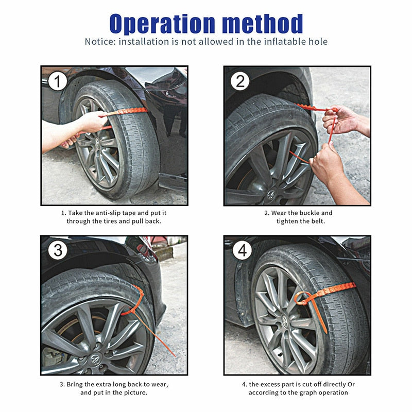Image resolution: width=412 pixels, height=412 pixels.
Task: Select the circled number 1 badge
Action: tap(59, 82)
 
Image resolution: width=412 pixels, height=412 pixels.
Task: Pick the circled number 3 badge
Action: tap(59, 251)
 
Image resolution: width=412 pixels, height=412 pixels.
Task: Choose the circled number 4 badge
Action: tap(242, 251)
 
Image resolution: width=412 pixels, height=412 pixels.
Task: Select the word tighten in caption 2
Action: tap(289, 221)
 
